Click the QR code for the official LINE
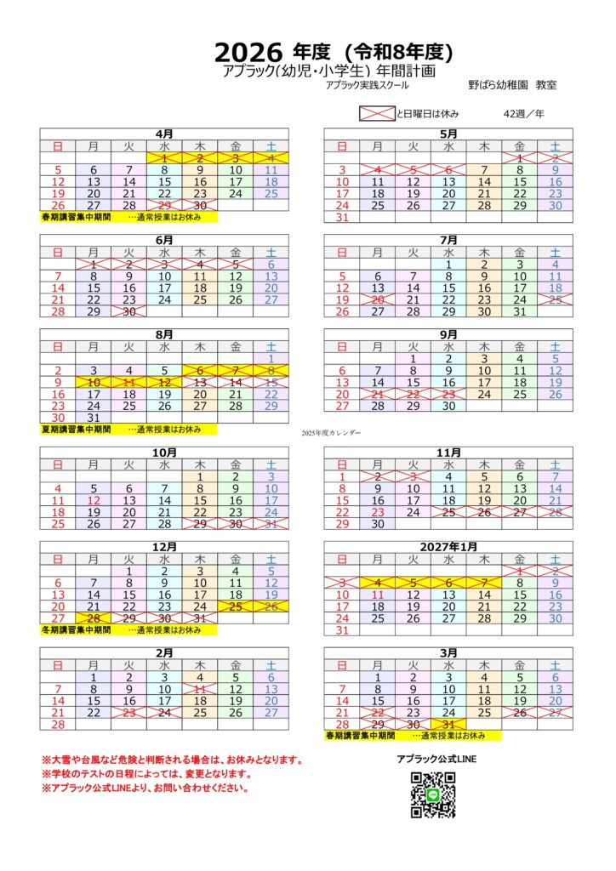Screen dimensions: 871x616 (433, 794)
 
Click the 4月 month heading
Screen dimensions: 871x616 (164, 134)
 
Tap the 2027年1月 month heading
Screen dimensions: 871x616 (448, 547)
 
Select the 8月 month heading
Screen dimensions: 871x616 (164, 335)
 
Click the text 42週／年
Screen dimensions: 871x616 (522, 114)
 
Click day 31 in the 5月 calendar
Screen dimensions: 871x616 (343, 217)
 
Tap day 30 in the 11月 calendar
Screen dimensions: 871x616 (378, 524)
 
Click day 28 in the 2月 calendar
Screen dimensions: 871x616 (58, 725)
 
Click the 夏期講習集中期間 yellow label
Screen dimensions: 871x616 (76, 430)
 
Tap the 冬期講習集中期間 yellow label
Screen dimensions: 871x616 (76, 630)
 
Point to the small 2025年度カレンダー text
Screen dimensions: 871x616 (331, 433)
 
